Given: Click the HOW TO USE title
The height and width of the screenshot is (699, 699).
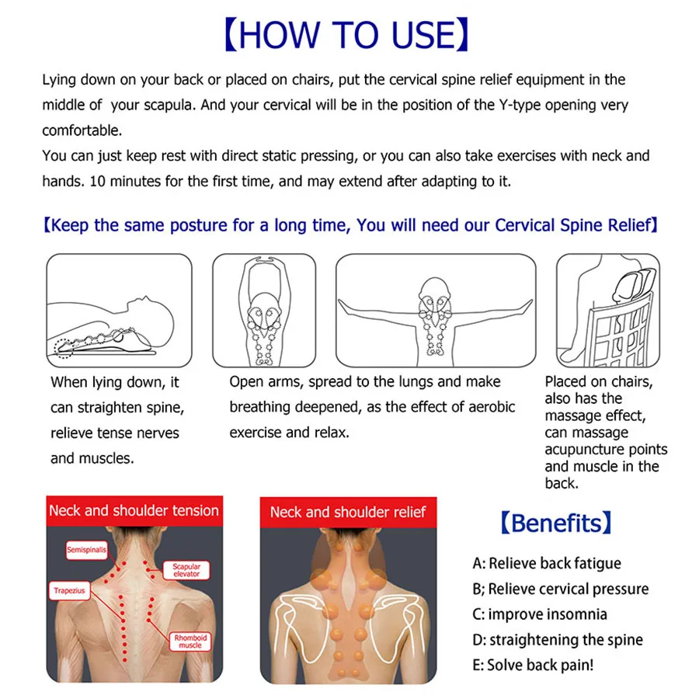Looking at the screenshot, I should click(349, 35).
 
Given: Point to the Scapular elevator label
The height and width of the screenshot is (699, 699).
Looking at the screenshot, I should click(186, 571).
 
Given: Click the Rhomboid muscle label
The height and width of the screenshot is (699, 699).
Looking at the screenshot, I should click(190, 641).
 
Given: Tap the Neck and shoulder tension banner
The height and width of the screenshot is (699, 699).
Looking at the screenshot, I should click(134, 510).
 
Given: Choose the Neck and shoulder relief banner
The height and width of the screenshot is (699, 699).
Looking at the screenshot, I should click(347, 512).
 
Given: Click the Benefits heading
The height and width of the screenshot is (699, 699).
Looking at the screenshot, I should click(555, 523).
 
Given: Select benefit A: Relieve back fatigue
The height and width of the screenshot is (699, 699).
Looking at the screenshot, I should click(547, 563).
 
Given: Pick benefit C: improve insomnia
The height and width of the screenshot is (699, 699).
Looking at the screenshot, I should click(540, 614).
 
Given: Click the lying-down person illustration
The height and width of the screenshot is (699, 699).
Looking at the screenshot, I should click(119, 311).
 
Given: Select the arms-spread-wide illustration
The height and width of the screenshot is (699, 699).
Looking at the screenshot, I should click(435, 311).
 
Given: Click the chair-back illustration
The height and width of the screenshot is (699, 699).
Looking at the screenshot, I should click(607, 311).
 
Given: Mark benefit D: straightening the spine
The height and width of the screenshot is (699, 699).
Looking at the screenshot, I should click(557, 640).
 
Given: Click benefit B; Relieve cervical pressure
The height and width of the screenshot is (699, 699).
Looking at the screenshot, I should click(560, 589).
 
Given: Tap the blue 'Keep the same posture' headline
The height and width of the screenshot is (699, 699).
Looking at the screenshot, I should click(350, 226).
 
